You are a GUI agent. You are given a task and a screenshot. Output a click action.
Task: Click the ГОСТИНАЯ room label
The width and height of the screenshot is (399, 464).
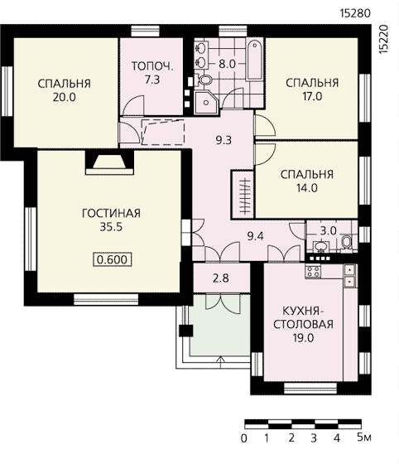coord(111,213)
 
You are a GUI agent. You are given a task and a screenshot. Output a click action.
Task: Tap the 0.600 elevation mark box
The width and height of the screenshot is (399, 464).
coord(113,259)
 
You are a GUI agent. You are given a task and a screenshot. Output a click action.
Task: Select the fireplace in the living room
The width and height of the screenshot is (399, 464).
coord(109,162)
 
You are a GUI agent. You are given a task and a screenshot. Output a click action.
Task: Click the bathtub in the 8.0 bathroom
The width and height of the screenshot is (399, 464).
coord(254,60)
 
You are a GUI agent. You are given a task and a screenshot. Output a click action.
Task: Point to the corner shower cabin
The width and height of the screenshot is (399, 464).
coord(206,103)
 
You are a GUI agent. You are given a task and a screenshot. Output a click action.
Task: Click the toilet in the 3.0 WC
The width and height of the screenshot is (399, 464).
coord(346,243)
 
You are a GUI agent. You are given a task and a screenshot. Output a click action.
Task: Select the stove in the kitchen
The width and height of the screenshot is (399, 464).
coord(313,272)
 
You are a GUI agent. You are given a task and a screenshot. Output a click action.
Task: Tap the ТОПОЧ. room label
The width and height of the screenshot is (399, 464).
coord(152,65)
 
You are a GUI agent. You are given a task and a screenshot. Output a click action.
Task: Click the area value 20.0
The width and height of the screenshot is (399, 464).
coord(64,97)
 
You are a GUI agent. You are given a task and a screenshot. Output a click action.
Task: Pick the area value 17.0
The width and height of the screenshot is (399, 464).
coord(312,96)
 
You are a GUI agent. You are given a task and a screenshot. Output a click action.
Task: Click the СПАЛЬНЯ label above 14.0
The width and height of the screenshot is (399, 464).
coord(307,174)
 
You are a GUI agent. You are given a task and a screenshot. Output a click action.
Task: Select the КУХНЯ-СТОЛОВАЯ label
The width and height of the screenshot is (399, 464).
coord(303,317)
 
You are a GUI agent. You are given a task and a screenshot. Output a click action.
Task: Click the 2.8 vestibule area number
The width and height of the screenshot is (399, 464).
coord(221,278)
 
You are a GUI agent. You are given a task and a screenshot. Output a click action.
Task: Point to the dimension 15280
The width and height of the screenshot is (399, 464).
coord(355,13)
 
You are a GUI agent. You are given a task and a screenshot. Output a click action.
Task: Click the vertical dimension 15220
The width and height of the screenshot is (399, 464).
coord(383,39)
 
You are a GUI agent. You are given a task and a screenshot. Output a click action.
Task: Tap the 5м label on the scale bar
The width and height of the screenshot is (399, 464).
coord(364,437)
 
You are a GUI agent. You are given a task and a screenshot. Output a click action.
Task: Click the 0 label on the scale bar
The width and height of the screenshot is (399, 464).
coord(244,438)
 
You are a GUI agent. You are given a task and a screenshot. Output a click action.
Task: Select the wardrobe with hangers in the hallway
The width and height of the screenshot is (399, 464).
coord(243,195)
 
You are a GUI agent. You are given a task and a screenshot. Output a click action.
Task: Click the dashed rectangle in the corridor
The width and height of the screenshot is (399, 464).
coord(163,132)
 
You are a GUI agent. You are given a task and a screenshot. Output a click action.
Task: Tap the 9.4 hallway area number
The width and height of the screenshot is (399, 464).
coord(255,236)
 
